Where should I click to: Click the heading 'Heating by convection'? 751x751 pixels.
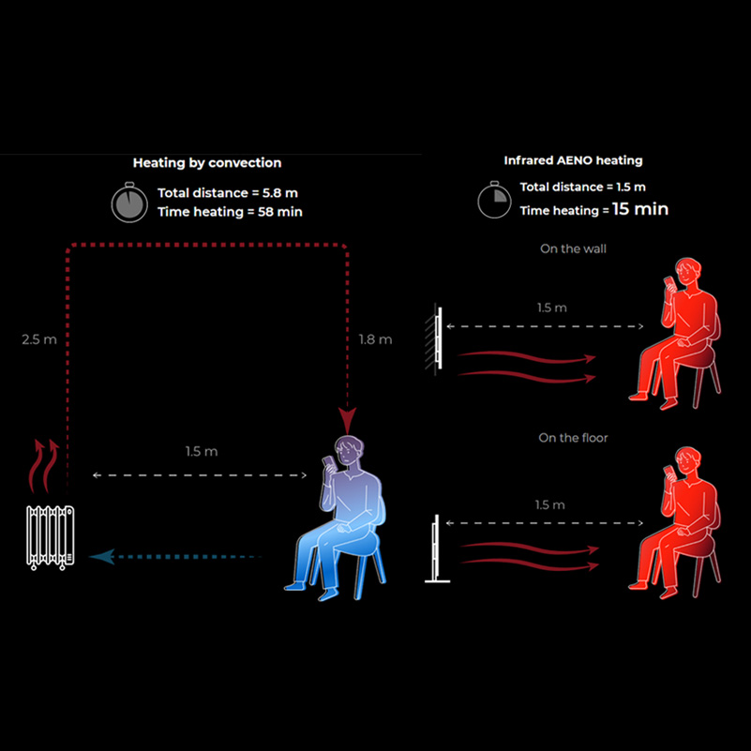[206, 163]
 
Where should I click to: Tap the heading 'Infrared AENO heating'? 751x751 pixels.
[573, 161]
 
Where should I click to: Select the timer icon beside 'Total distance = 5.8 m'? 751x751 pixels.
[129, 203]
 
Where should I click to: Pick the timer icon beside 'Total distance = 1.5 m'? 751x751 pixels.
[493, 200]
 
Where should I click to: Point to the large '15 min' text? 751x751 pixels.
[640, 209]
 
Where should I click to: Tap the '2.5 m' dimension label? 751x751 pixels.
[38, 339]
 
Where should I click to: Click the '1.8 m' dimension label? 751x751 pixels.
[375, 339]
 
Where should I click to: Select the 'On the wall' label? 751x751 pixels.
[573, 249]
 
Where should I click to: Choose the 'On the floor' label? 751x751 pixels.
[573, 438]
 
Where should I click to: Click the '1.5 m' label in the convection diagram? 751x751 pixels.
[201, 452]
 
